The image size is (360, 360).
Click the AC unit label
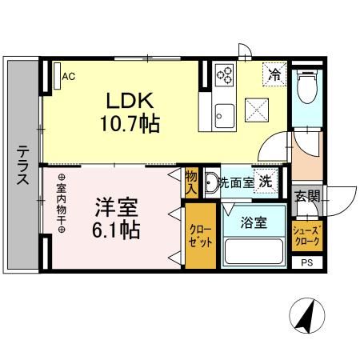tap(69, 77)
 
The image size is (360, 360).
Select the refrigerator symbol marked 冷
tap(274, 76)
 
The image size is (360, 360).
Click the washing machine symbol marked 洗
tap(265, 182)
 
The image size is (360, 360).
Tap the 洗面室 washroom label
tap(237, 182)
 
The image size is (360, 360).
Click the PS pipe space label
tap(306, 262)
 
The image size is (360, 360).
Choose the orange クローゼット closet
tap(200, 235)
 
